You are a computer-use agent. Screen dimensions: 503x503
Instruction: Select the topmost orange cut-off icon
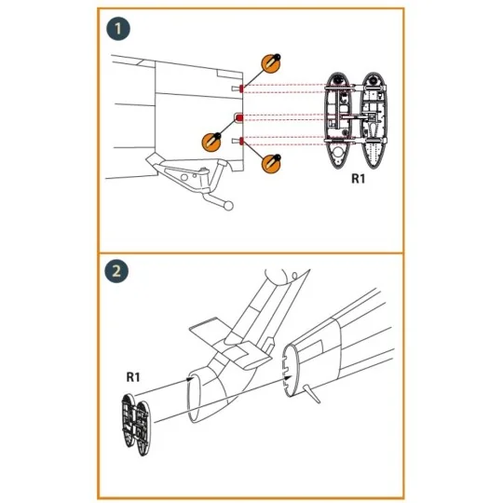[x=271, y=64]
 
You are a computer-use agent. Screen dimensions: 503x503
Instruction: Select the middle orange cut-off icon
[x=211, y=142]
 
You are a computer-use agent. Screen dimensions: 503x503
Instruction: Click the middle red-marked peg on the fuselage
[x=238, y=117]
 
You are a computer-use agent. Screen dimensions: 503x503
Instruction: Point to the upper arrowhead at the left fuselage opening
[x=189, y=378]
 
